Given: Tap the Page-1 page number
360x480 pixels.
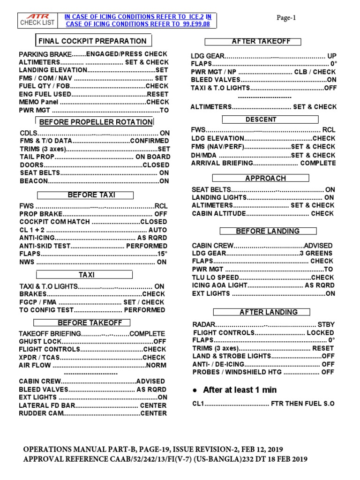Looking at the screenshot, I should [x=286, y=17].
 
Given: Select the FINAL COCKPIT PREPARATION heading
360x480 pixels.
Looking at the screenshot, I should [x=92, y=41].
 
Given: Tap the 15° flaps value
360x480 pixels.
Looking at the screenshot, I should [x=162, y=254].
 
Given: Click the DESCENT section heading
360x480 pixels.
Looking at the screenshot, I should [x=261, y=120].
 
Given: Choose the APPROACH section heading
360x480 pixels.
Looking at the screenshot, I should [x=265, y=178].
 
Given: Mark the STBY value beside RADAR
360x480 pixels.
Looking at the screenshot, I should [x=326, y=324].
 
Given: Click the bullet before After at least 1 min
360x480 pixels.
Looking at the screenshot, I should [x=195, y=390].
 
